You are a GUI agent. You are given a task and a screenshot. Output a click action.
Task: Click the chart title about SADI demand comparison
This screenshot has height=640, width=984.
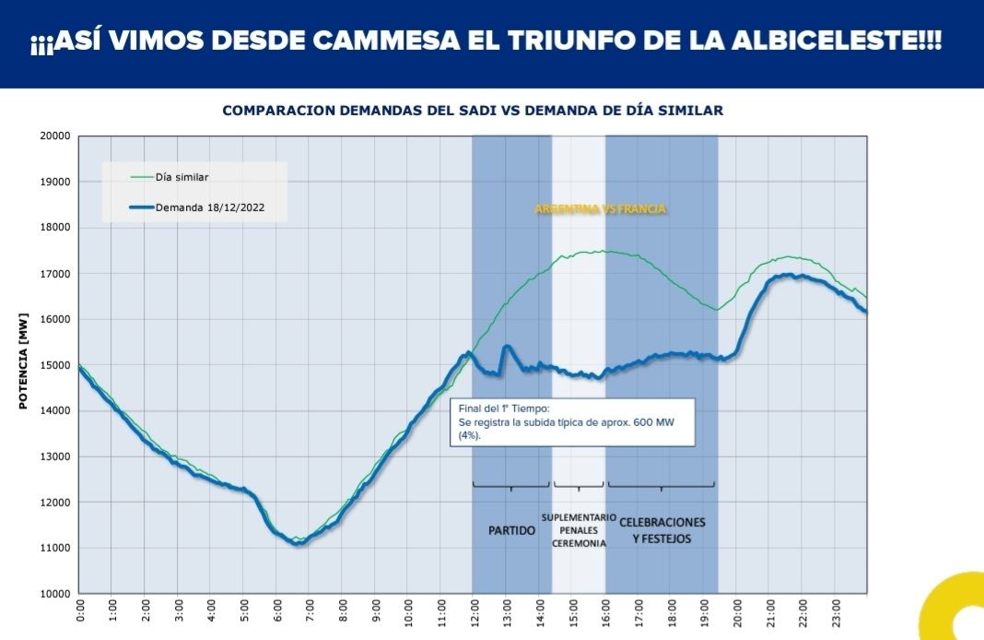473,111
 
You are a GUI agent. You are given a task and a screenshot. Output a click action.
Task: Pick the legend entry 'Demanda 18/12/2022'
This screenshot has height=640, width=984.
211,207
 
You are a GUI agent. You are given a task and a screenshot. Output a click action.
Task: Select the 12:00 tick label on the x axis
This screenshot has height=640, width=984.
474,611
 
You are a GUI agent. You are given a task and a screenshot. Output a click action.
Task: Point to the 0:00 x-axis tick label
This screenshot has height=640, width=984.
79,611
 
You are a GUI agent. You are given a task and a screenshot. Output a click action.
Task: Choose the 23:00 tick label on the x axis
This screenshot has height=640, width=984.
835,611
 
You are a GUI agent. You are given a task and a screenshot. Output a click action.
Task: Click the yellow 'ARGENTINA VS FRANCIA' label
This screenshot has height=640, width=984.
601,209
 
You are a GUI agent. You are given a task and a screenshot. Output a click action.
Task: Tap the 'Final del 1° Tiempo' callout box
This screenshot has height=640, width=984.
572,421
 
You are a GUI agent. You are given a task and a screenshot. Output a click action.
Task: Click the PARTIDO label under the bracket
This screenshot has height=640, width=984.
511,530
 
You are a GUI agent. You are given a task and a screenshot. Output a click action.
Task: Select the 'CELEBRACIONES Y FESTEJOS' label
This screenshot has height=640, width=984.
662,530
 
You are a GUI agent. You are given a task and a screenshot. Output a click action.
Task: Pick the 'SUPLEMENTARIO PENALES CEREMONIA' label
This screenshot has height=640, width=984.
579,530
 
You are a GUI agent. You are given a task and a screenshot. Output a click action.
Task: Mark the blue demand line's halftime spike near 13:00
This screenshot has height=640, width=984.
508,347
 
